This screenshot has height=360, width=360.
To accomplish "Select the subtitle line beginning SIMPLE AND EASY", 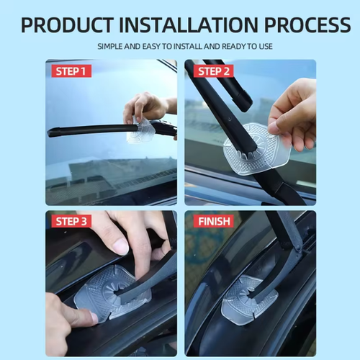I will coord(184,47).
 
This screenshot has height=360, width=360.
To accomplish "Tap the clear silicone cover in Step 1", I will coord(142,131).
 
